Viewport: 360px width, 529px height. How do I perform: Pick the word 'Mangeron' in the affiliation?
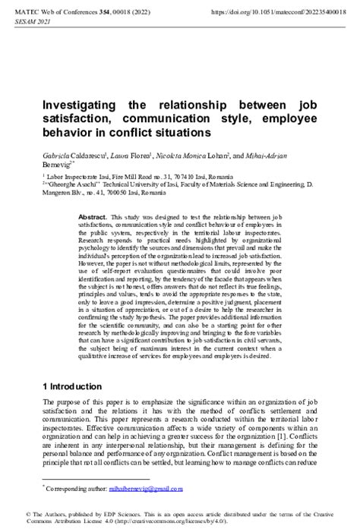point(59,193)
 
